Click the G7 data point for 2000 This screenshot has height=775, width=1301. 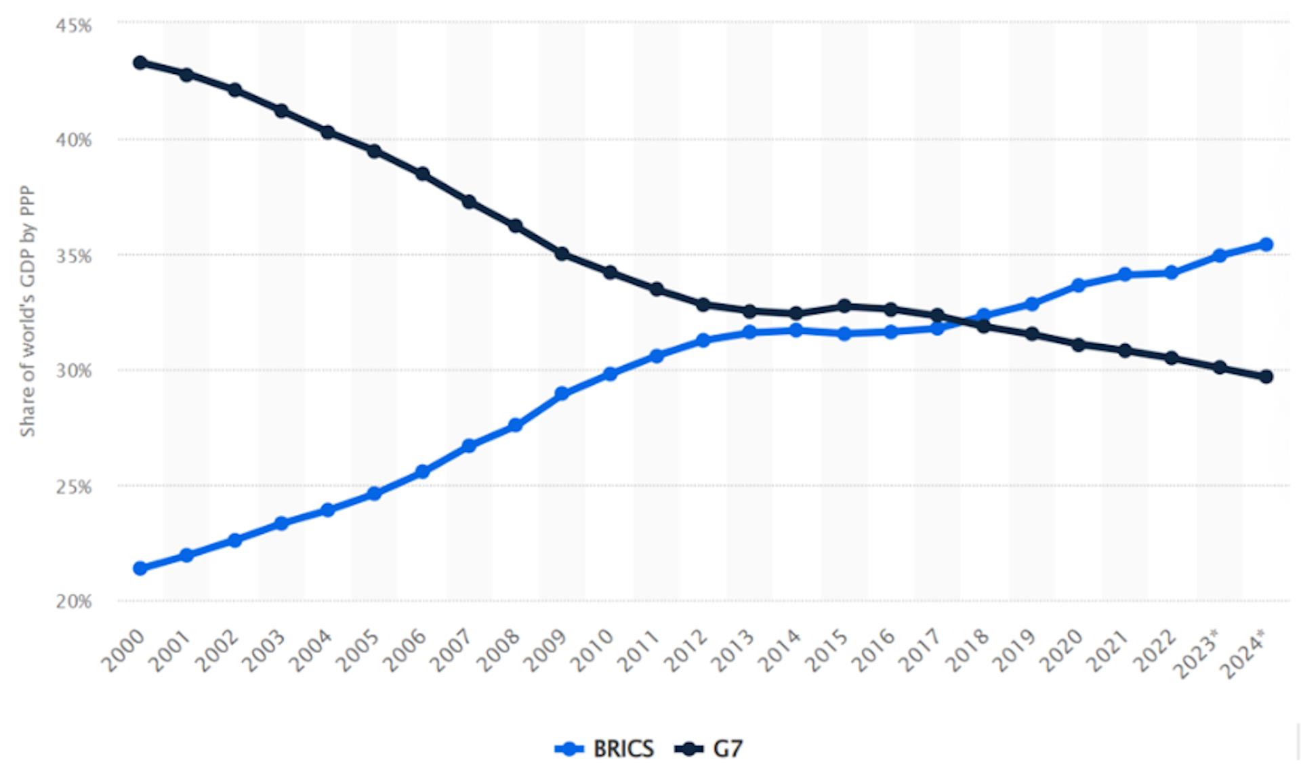pyautogui.click(x=140, y=63)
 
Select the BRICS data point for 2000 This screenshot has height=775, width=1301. pyautogui.click(x=140, y=568)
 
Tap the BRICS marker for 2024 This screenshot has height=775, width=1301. pyautogui.click(x=1266, y=244)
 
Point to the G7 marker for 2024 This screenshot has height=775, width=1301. pyautogui.click(x=1266, y=377)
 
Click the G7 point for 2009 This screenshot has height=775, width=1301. pyautogui.click(x=562, y=254)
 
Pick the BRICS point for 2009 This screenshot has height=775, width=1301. pyautogui.click(x=562, y=393)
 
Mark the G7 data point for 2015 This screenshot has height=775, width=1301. pyautogui.click(x=844, y=306)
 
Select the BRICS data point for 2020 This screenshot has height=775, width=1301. pyautogui.click(x=1079, y=285)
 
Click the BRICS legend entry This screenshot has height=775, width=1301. pyautogui.click(x=604, y=749)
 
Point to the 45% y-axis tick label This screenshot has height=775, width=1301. pyautogui.click(x=74, y=26)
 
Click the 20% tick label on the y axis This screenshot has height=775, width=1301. pyautogui.click(x=74, y=601)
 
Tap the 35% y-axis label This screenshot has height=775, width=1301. pyautogui.click(x=74, y=256)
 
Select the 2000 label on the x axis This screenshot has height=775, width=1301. pyautogui.click(x=123, y=650)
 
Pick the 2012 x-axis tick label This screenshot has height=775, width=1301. pyautogui.click(x=686, y=650)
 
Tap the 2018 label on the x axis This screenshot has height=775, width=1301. pyautogui.click(x=968, y=650)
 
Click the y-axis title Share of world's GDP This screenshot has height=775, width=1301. pyautogui.click(x=27, y=311)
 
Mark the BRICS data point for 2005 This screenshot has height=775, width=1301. pyautogui.click(x=374, y=493)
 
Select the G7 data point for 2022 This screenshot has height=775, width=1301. pyautogui.click(x=1172, y=358)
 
